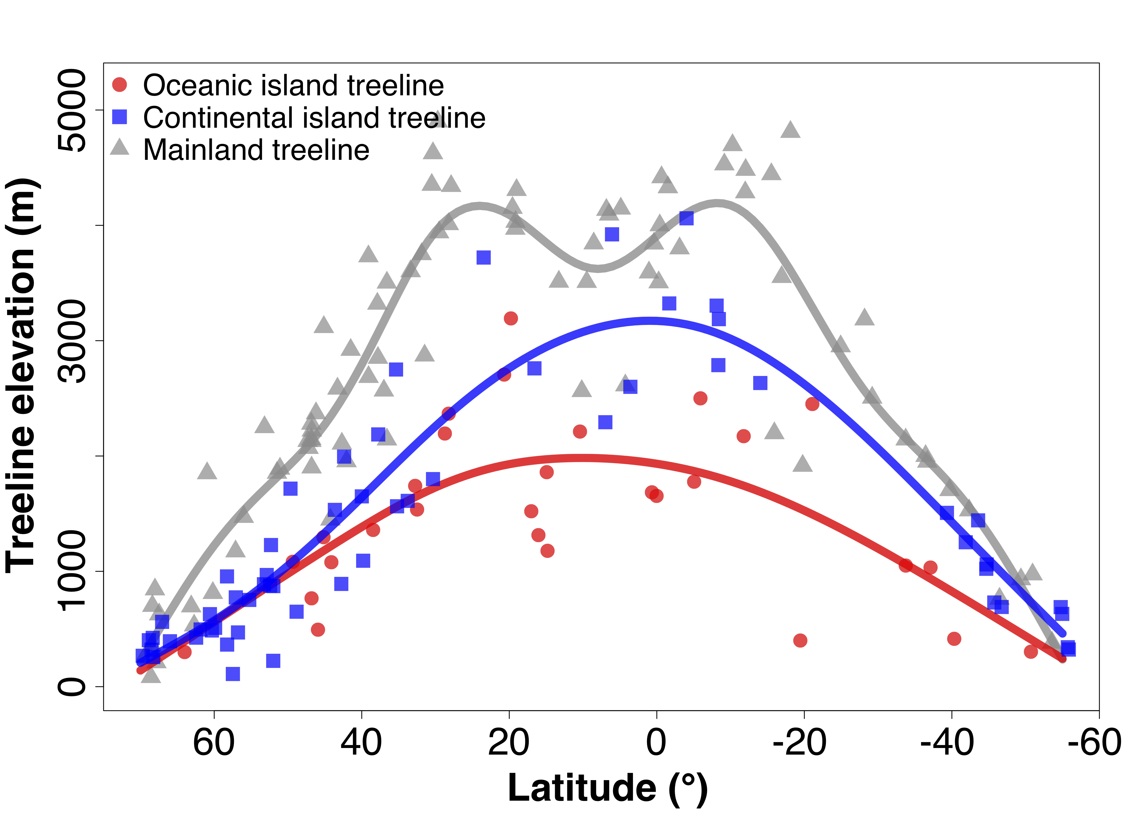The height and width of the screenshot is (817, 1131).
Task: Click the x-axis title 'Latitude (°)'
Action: pyautogui.click(x=608, y=788)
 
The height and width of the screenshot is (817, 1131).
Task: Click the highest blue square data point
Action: pyautogui.click(x=686, y=218)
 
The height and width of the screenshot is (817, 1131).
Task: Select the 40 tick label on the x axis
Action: pyautogui.click(x=361, y=743)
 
